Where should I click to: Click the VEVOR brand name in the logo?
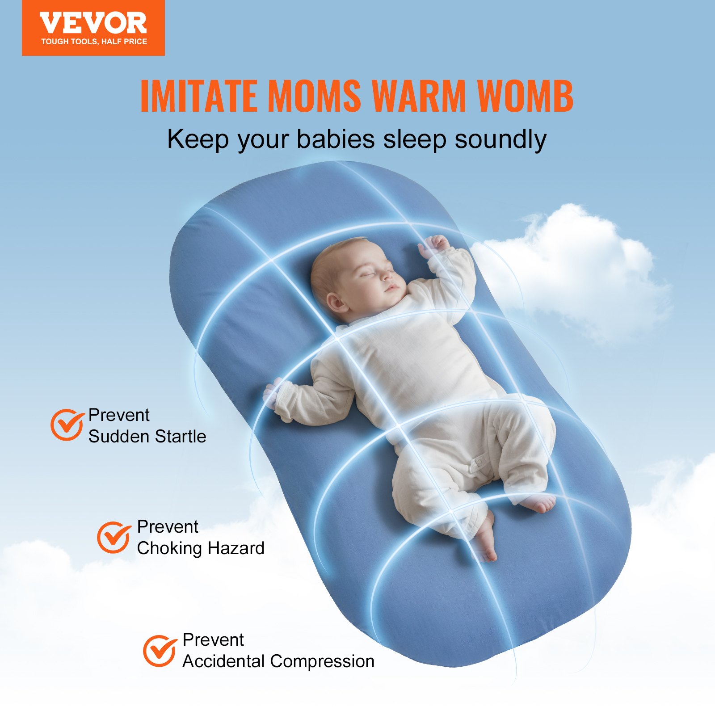pos(93,24)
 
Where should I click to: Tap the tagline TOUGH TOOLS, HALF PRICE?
pos(94,42)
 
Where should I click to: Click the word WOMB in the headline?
pos(525,96)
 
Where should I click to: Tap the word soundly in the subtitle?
pos(500,139)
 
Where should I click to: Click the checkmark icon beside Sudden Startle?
pos(67,425)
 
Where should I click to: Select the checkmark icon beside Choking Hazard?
pos(114,537)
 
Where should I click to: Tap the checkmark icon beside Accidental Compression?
pos(159,650)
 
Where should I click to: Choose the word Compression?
pos(322,661)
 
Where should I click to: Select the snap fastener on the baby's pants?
pos(479,461)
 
